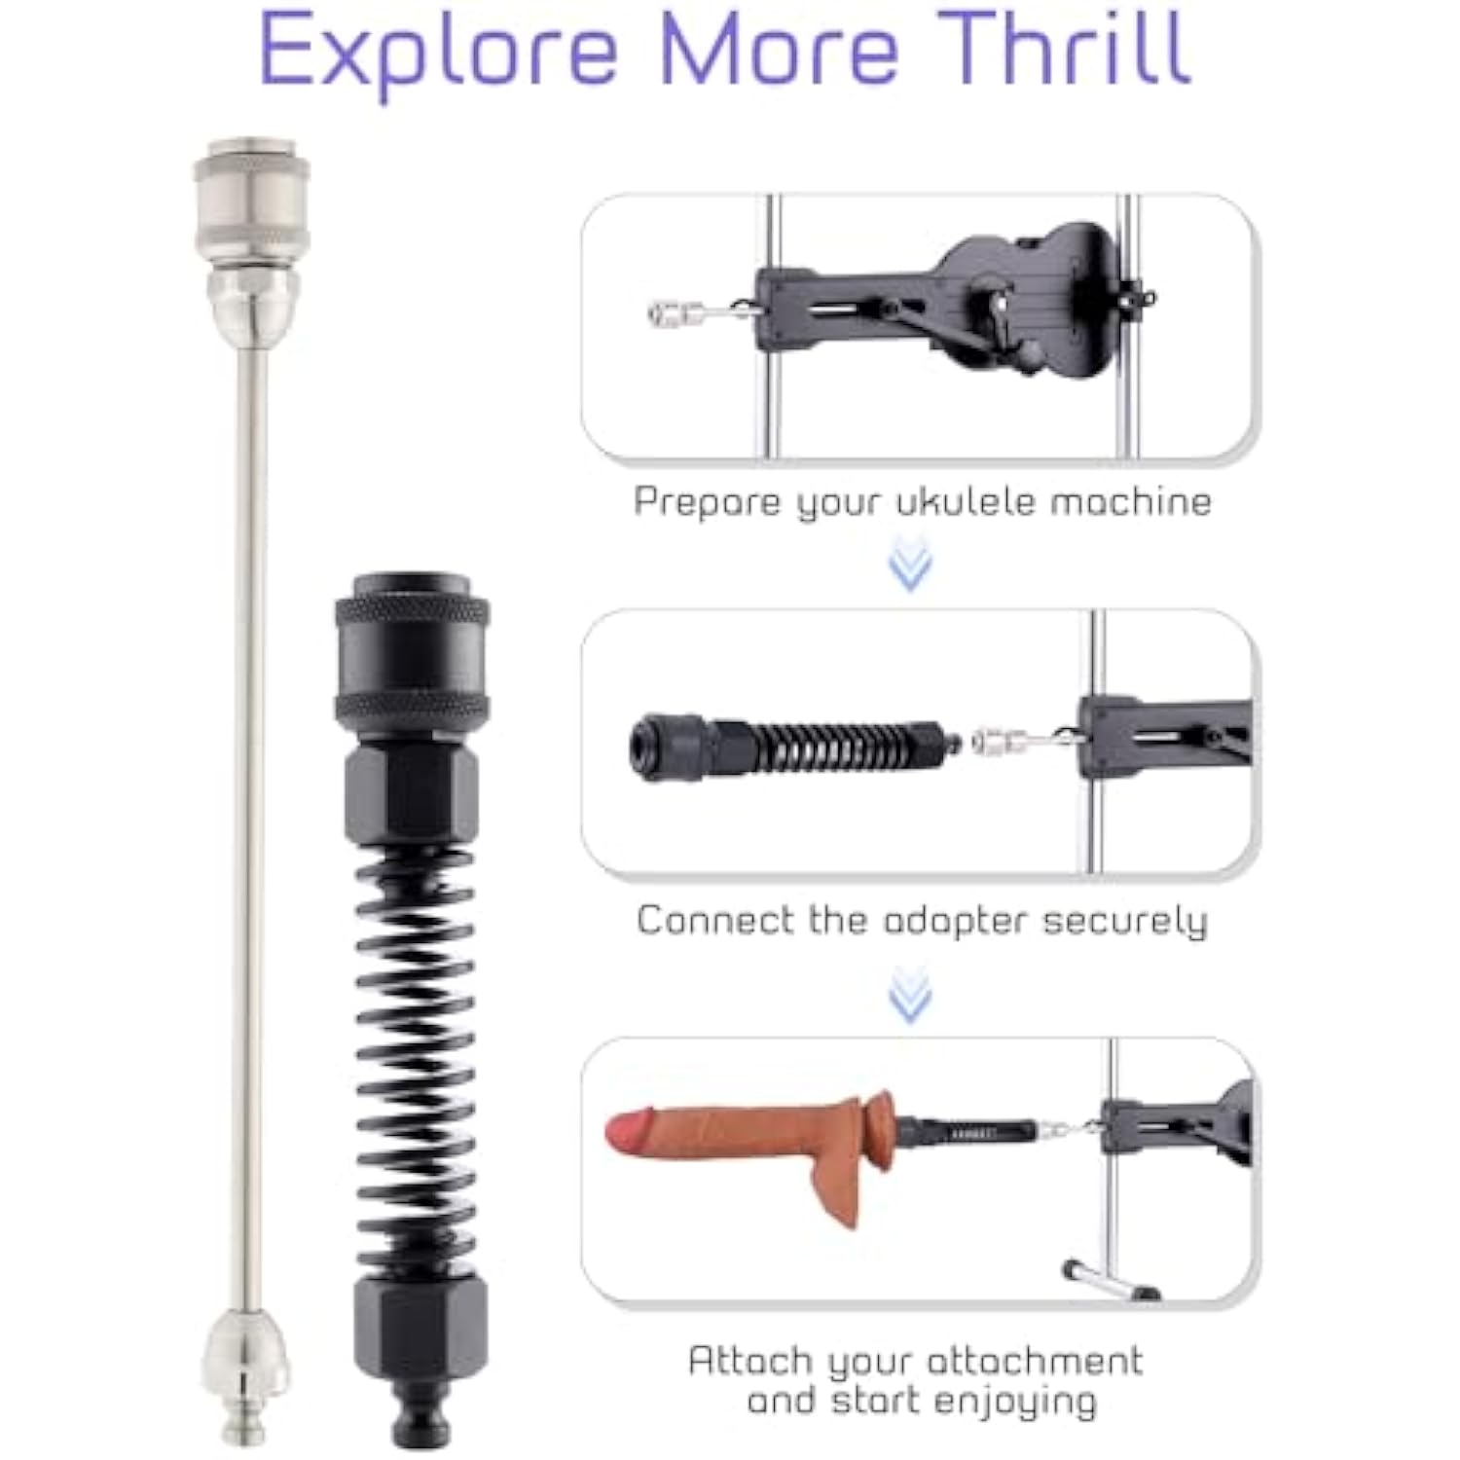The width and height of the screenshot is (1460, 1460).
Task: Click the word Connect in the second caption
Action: [x=715, y=920]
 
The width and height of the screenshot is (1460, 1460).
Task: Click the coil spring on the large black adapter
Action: [x=414, y=1061]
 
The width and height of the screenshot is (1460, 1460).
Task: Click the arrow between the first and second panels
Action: [x=911, y=567]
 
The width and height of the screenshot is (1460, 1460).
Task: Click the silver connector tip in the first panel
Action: [x=675, y=313]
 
